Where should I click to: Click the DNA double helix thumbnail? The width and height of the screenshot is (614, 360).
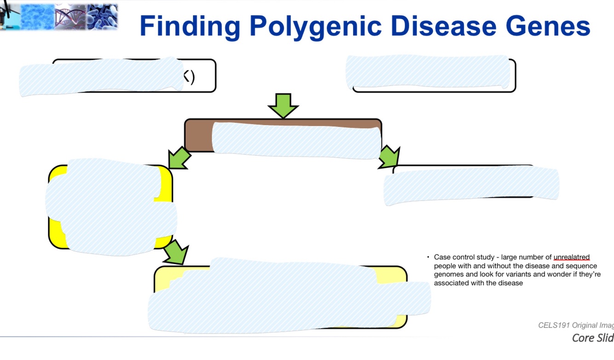point(70,17)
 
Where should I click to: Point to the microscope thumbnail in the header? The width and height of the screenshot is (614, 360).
point(9,16)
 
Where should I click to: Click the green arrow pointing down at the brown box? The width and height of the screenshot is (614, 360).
point(283,105)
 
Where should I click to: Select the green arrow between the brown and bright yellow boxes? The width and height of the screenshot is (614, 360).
point(179,158)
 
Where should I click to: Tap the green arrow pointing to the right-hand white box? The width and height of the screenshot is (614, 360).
point(389,157)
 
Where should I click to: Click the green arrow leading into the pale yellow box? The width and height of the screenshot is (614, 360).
point(176,252)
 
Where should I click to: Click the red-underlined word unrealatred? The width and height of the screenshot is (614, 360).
point(571,257)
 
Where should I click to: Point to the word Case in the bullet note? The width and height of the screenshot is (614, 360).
point(442,257)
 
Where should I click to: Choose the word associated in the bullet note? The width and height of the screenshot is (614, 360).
point(452,283)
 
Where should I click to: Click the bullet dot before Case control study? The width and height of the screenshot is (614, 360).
point(428,257)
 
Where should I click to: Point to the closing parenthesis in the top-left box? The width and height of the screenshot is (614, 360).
point(192,77)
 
